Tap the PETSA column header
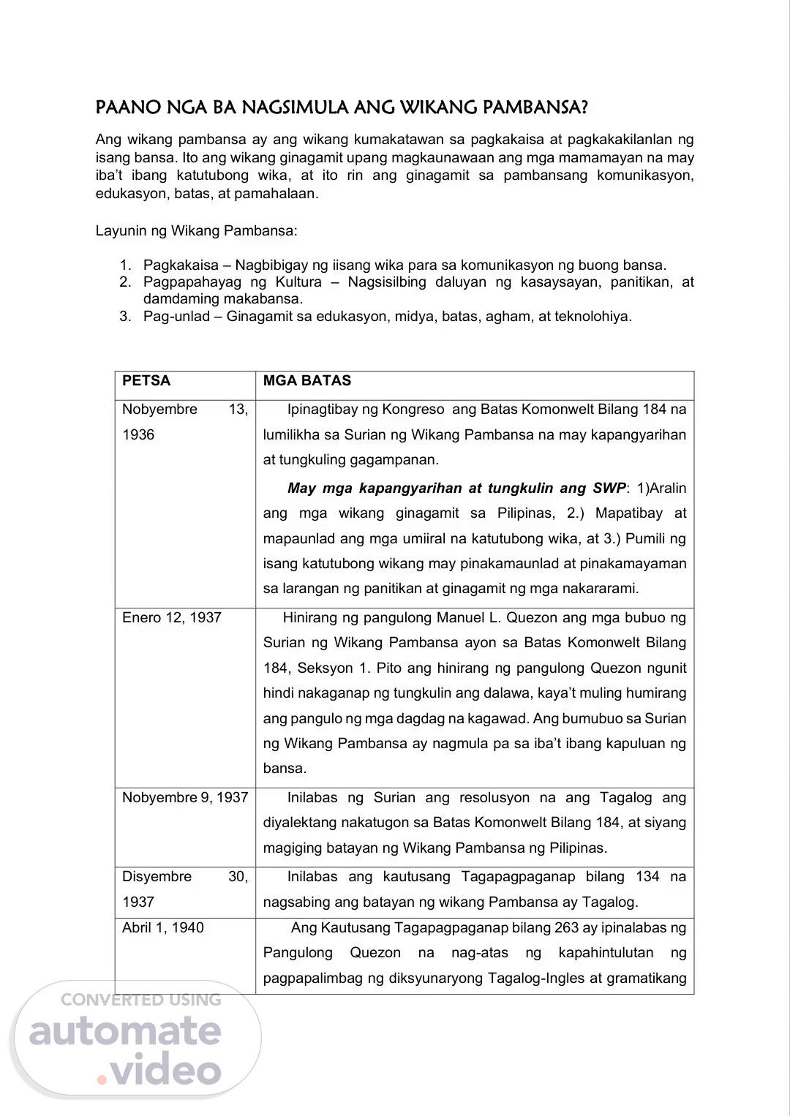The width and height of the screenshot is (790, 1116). coord(146,381)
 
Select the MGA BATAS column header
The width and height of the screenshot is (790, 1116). coord(307,381)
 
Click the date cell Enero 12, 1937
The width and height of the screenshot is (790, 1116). coord(172,618)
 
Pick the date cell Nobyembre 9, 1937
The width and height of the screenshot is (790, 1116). coord(185,798)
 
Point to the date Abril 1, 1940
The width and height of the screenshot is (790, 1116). coord(163,928)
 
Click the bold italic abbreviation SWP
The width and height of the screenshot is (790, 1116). coord(609,489)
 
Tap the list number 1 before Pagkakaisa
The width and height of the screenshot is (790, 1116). coord(125,265)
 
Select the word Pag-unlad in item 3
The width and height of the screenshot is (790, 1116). coord(176,317)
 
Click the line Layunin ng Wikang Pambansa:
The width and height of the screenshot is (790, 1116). coord(197,231)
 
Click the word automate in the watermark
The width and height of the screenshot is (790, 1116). coord(125,1031)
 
